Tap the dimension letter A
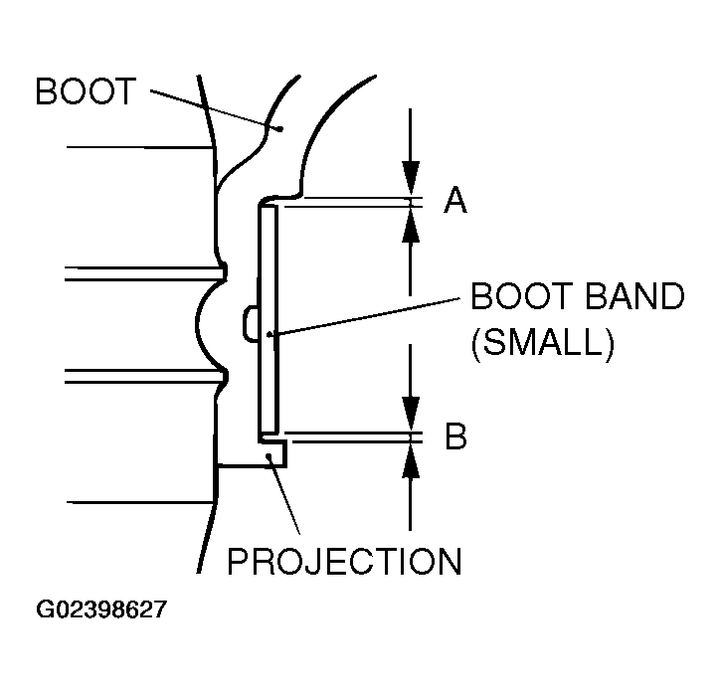455,202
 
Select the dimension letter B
455,436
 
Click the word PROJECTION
345,562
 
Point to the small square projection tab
277,454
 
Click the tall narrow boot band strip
267,318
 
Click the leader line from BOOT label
214,108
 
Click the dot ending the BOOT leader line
280,127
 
